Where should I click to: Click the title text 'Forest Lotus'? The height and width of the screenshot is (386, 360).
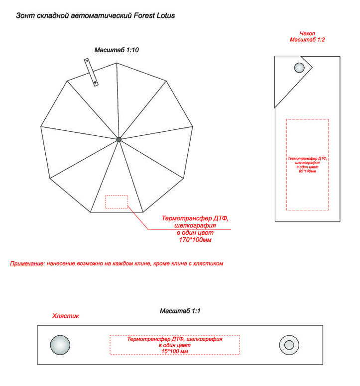(155, 15)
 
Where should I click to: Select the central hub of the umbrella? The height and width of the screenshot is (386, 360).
(119, 139)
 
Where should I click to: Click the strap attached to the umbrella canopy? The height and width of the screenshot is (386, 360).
(91, 73)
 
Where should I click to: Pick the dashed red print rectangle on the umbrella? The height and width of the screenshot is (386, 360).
(117, 201)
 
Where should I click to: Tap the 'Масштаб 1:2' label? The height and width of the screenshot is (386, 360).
(308, 39)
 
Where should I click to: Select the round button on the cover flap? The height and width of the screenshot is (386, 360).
(300, 68)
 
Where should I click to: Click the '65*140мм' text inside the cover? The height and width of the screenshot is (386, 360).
(307, 171)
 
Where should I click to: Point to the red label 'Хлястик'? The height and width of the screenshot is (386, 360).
(66, 316)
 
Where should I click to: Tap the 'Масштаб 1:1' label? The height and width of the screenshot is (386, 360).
(180, 311)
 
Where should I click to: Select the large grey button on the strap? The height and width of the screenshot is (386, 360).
(60, 345)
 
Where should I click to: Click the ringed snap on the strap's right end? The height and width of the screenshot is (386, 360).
(289, 345)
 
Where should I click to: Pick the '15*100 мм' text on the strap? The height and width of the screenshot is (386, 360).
(174, 351)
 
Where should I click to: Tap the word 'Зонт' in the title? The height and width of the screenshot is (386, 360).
(24, 15)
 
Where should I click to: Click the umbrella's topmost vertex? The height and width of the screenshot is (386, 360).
(117, 63)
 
